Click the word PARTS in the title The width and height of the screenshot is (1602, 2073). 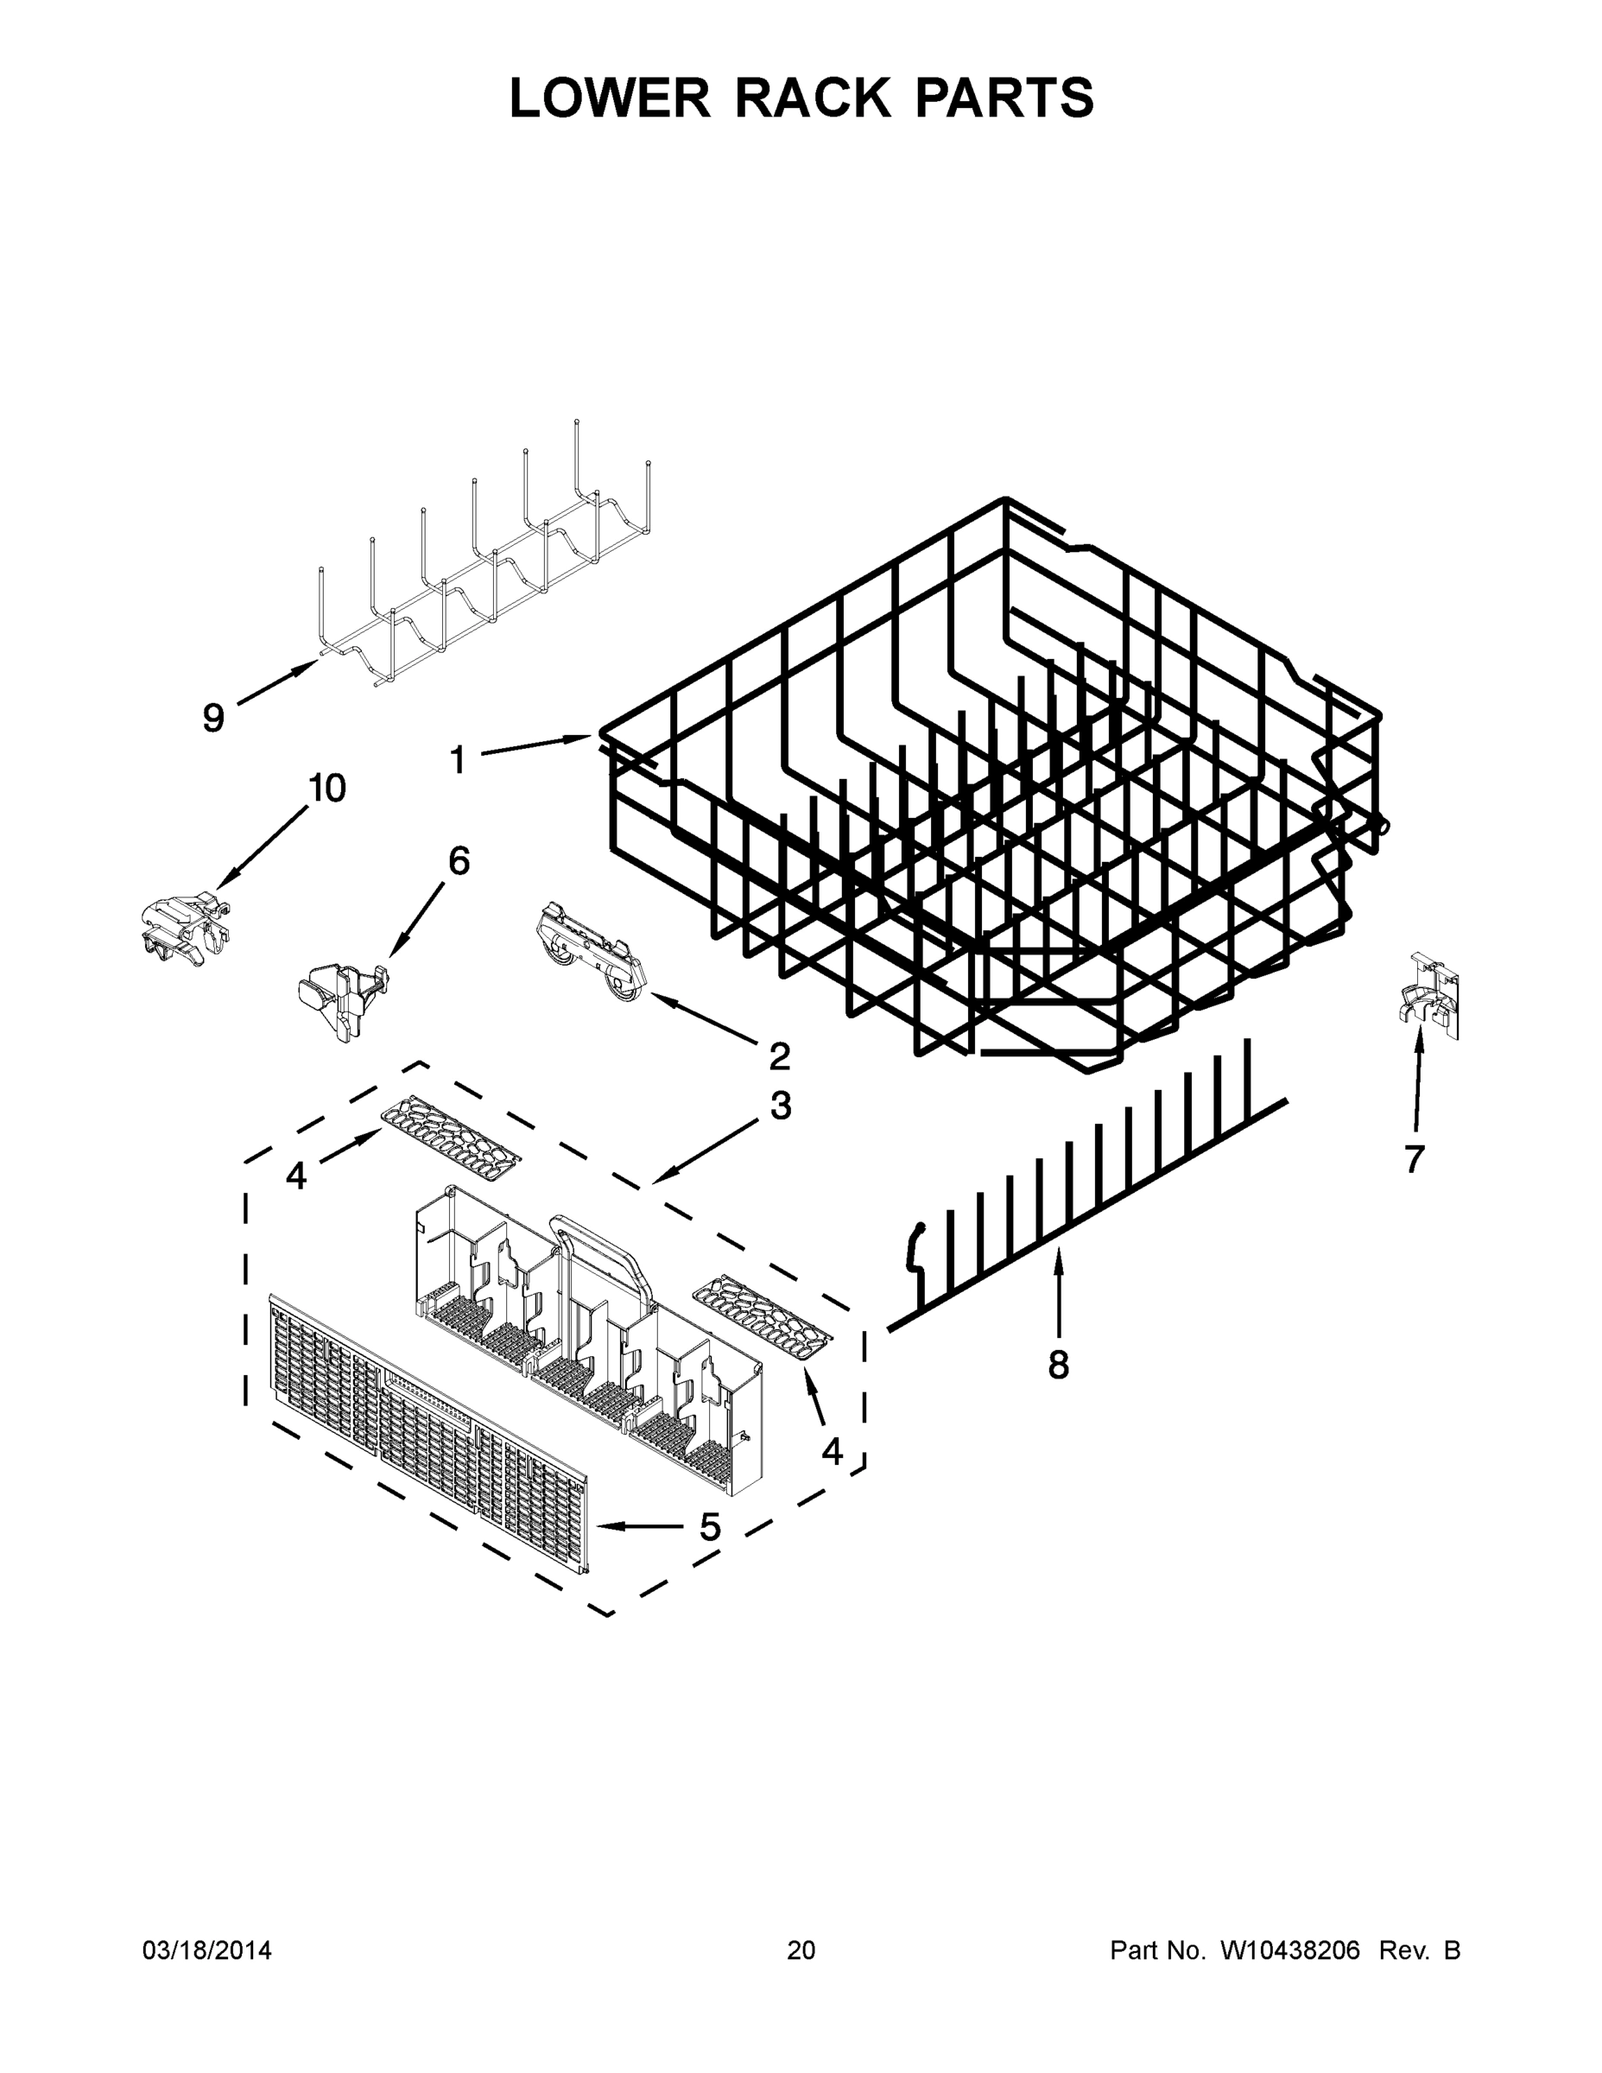[x=1004, y=98]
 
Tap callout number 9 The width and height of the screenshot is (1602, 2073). [x=213, y=718]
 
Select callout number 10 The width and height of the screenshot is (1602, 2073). [x=326, y=788]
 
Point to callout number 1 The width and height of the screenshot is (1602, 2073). [x=458, y=759]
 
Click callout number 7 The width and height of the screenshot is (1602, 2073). [x=1414, y=1159]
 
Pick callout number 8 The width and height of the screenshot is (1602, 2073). [x=1058, y=1365]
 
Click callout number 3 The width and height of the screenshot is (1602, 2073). [x=780, y=1106]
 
